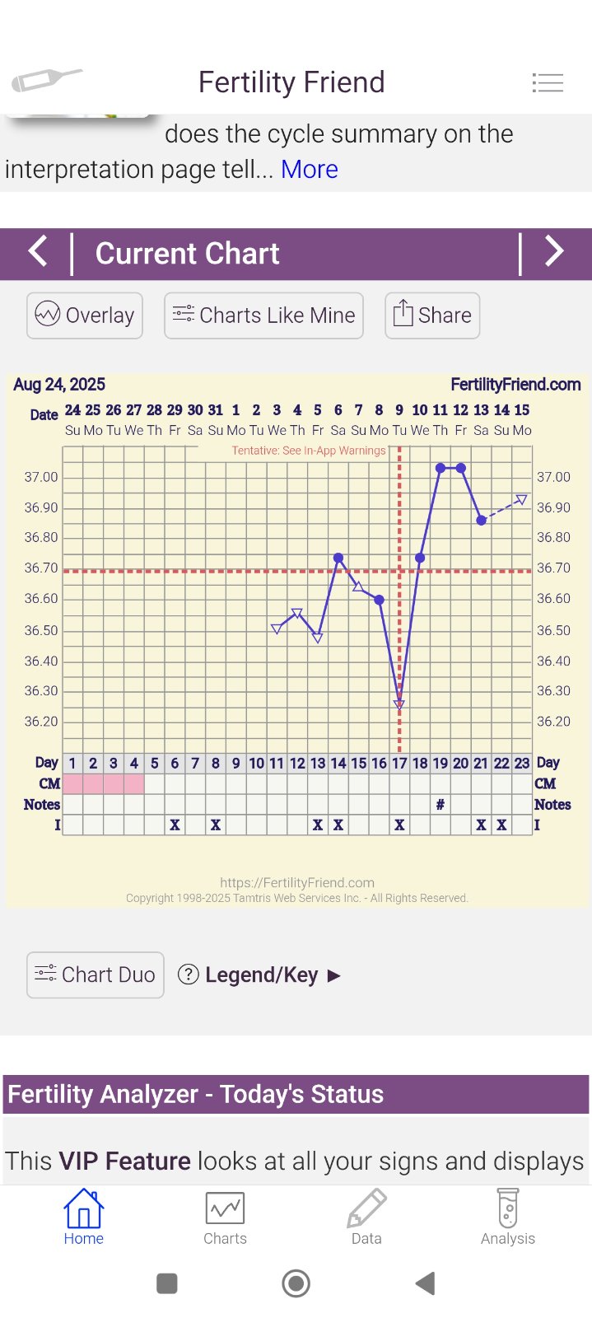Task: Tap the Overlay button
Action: pyautogui.click(x=85, y=315)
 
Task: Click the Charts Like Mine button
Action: pyautogui.click(x=263, y=315)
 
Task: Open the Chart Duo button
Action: pyautogui.click(x=96, y=974)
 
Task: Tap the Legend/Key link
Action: pyautogui.click(x=260, y=975)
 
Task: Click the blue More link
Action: pyautogui.click(x=309, y=169)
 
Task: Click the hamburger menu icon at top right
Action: pyautogui.click(x=548, y=82)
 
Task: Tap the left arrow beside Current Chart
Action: pyautogui.click(x=38, y=251)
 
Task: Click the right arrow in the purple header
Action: pyautogui.click(x=554, y=251)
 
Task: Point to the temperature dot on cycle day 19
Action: pyautogui.click(x=441, y=468)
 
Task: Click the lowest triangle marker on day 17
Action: pyautogui.click(x=399, y=705)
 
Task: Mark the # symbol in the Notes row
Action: pyautogui.click(x=441, y=805)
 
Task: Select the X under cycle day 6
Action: pyautogui.click(x=175, y=825)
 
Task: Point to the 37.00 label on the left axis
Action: pyautogui.click(x=41, y=477)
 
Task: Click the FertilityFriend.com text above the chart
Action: pyautogui.click(x=515, y=385)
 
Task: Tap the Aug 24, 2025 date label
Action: pyautogui.click(x=59, y=385)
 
